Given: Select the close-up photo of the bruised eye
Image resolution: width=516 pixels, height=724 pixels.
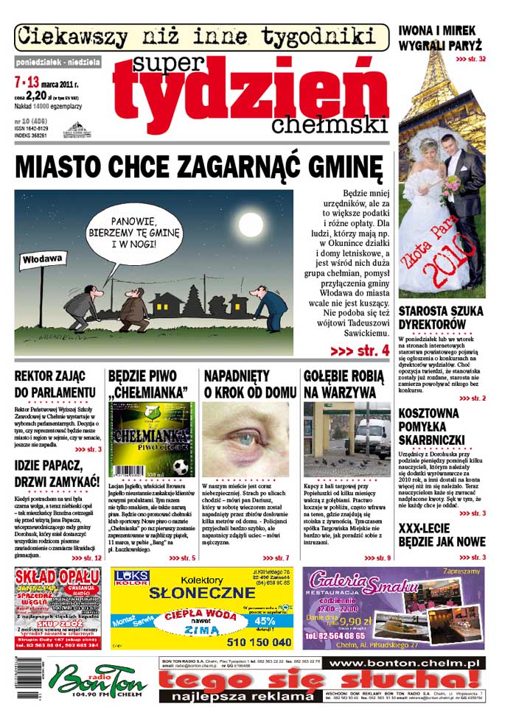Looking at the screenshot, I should point(245,440).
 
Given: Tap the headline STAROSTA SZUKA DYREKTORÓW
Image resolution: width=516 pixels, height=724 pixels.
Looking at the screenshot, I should point(433,317).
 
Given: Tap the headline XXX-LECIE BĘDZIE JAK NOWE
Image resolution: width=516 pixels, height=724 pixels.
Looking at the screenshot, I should point(442,535).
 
